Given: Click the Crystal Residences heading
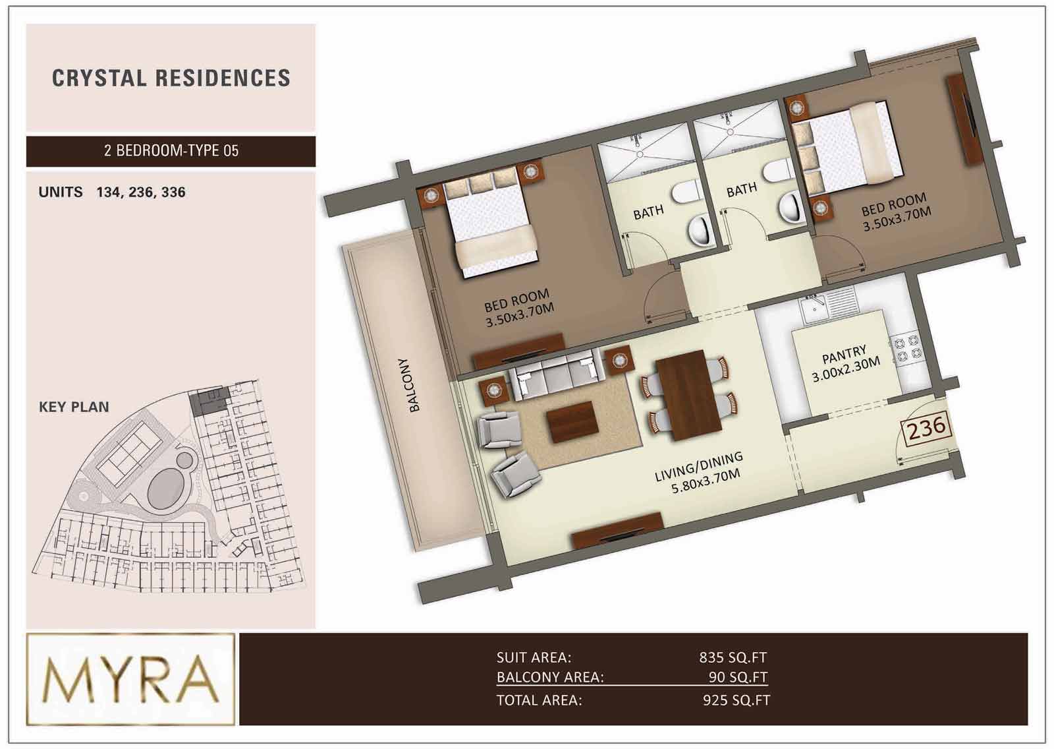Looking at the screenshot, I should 171,78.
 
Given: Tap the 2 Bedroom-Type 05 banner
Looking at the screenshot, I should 171,151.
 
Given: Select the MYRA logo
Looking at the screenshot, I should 130,679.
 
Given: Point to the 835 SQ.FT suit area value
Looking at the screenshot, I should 733,657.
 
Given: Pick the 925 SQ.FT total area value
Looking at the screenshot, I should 736,700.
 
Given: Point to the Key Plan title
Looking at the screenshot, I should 74,407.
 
